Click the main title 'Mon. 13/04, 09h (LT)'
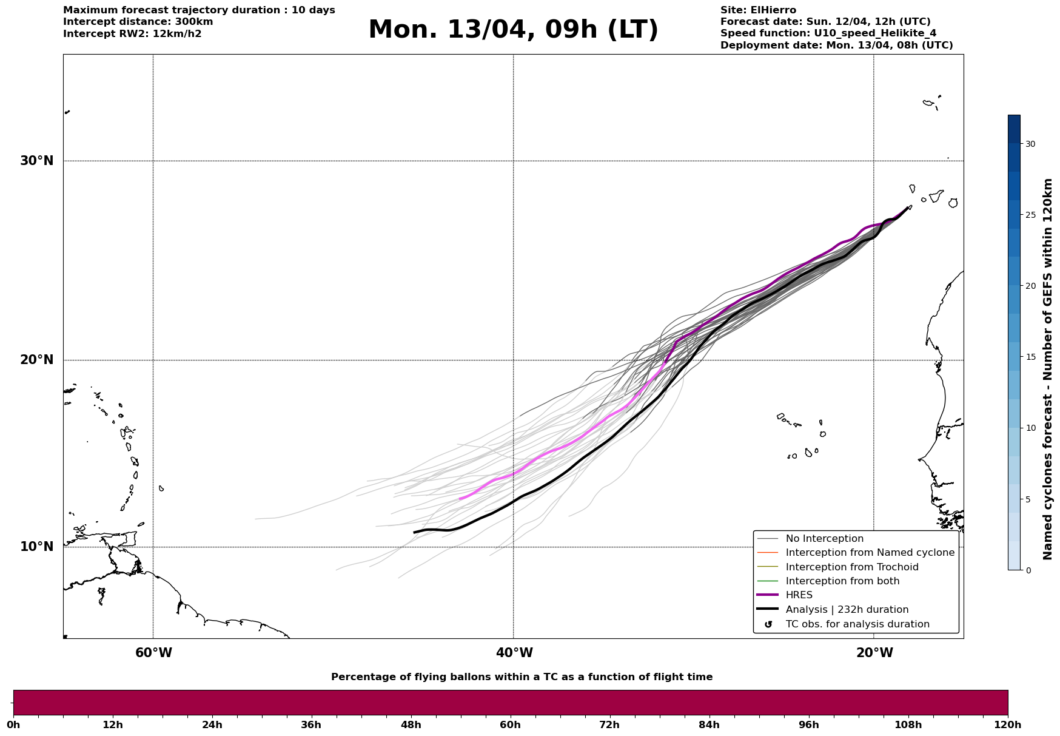pos(513,30)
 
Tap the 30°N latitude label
pos(36,161)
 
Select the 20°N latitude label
pos(36,360)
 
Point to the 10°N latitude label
pos(36,547)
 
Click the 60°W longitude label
pos(153,653)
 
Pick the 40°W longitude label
pos(514,653)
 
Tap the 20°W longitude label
pos(874,653)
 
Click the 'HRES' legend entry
pos(799,595)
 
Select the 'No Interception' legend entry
pos(824,539)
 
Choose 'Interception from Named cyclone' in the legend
pos(870,553)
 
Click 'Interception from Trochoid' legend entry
pos(851,567)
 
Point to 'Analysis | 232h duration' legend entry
pos(847,610)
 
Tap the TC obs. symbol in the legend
pos(768,624)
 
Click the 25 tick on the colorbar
pos(1030,215)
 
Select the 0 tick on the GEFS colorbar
pos(1027,570)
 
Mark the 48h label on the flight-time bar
pos(411,724)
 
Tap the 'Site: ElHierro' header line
pos(758,10)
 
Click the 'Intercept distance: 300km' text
pos(138,22)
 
